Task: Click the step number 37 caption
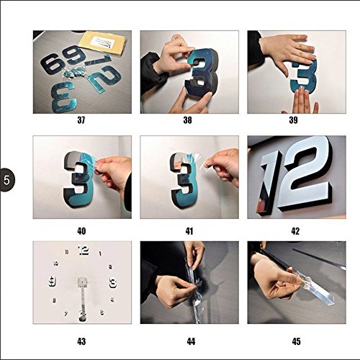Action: (x=81, y=120)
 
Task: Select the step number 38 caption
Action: (x=187, y=120)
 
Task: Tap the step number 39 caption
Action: (x=293, y=120)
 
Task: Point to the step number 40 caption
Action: (x=81, y=231)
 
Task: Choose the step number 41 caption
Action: (x=189, y=231)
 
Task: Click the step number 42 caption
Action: (x=295, y=231)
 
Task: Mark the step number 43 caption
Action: (x=81, y=341)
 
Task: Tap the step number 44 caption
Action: (x=191, y=341)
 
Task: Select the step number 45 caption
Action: (x=296, y=341)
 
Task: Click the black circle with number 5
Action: (x=6, y=180)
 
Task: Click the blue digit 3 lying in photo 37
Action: (x=64, y=97)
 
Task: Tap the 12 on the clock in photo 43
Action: (x=84, y=251)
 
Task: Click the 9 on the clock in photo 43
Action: (x=52, y=282)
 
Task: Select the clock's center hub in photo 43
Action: (x=83, y=282)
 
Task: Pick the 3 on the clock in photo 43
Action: (x=113, y=283)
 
